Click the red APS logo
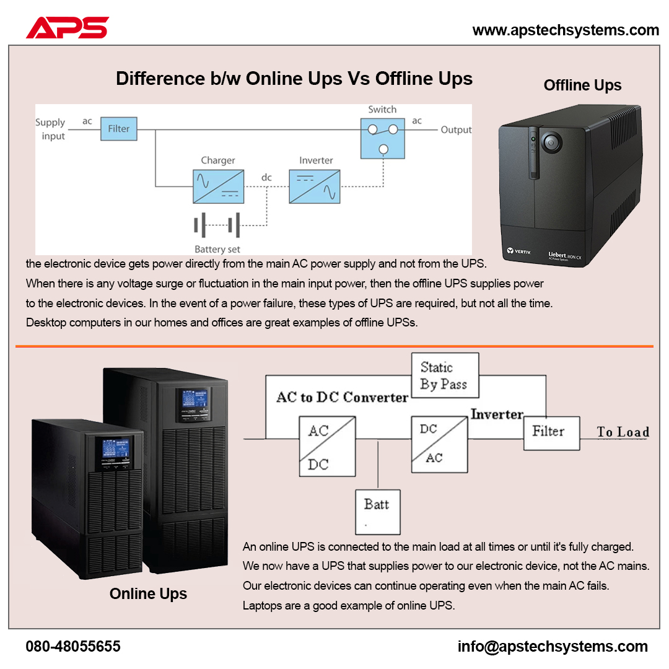point(68,28)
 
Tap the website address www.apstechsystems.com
point(566,30)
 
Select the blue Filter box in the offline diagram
point(118,128)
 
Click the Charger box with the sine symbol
point(219,186)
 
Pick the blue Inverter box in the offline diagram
point(315,186)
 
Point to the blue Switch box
point(383,138)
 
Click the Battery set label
point(217,249)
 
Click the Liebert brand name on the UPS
point(557,255)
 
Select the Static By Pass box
point(445,375)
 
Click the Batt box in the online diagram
point(378,512)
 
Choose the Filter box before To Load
point(552,433)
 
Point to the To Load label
point(623,432)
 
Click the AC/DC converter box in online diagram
point(327,446)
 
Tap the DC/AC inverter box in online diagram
point(439,445)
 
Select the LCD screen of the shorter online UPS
point(116,448)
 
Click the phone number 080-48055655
point(73,646)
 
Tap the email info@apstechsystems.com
point(553,647)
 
